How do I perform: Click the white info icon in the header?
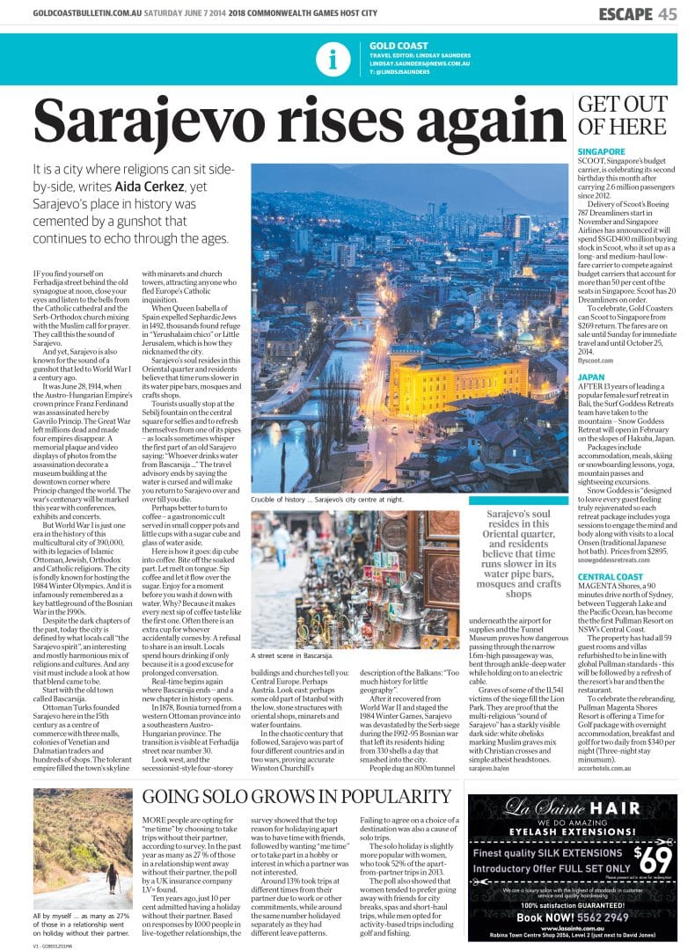tap(332, 59)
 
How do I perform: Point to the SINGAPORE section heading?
tap(601, 151)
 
